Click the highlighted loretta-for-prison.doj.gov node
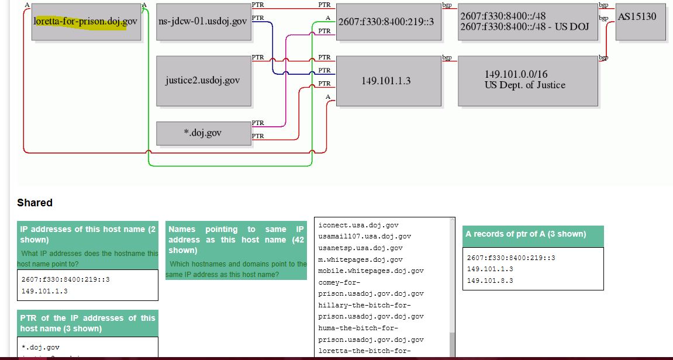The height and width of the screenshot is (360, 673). (86, 22)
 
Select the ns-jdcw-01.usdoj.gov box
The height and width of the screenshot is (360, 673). (203, 22)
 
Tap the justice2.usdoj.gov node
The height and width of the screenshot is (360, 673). (202, 81)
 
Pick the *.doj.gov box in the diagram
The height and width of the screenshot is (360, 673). (203, 133)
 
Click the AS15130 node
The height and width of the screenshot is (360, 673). (640, 22)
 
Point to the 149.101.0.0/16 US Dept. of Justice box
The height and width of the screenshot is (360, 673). (527, 81)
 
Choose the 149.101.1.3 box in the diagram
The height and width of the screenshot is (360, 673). (388, 81)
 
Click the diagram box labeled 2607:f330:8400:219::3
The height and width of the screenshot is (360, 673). (388, 22)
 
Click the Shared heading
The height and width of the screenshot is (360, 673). (34, 203)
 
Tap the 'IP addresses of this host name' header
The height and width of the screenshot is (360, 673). (88, 234)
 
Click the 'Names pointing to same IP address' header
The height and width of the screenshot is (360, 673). (236, 240)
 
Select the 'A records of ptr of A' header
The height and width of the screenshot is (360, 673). (533, 234)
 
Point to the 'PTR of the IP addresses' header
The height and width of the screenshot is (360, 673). (88, 323)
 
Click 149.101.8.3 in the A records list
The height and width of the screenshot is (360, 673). (490, 281)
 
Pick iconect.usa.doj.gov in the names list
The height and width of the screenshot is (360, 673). (358, 225)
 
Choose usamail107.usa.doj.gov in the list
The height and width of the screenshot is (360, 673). (364, 236)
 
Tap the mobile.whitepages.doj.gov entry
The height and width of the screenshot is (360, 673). (371, 271)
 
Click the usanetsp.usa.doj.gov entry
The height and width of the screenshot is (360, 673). (360, 248)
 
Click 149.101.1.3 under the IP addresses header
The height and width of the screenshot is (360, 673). (44, 291)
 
